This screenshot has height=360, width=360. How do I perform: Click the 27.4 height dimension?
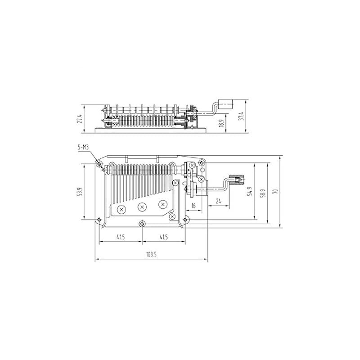tap(79, 118)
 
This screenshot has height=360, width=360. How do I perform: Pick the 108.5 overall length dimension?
tap(151, 254)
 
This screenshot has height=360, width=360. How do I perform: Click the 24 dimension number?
tap(217, 201)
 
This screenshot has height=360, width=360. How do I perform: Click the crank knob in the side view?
tap(225, 104)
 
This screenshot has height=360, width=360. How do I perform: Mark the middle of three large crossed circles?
tap(142, 207)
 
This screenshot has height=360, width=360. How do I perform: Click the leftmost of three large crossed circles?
tap(121, 209)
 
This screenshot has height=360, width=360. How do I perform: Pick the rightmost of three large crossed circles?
tap(161, 204)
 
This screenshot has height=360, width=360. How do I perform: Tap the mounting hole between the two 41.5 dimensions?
tap(142, 223)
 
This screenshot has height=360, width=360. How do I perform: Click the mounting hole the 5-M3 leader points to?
tap(99, 163)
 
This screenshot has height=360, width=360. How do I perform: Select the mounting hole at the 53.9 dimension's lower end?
tap(99, 220)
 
